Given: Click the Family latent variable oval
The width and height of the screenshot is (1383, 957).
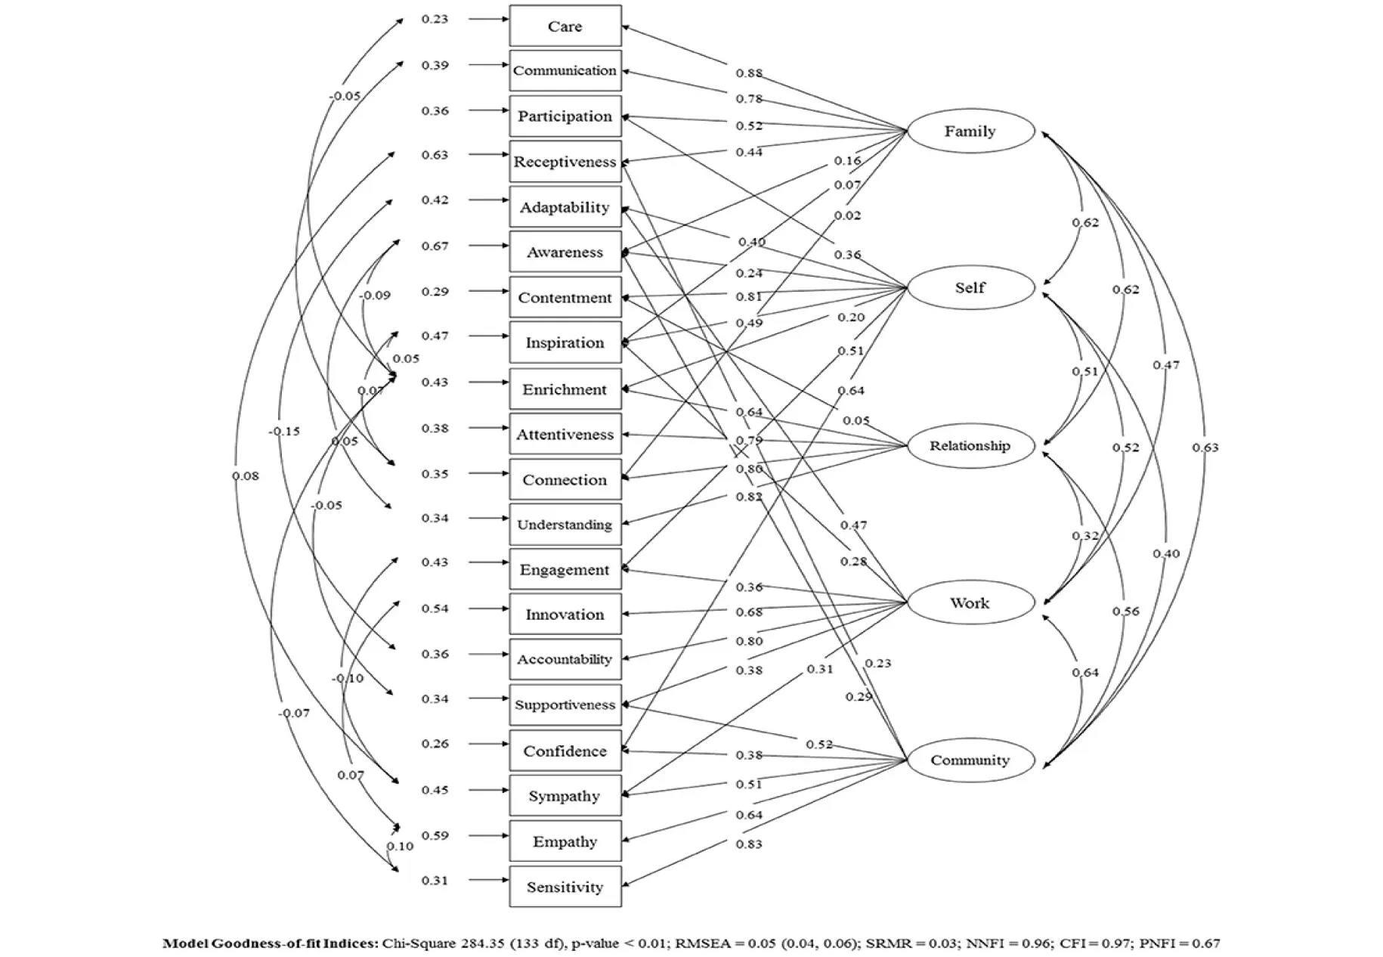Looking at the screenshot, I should click(x=970, y=132).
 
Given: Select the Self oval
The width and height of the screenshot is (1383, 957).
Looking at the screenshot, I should click(x=970, y=288).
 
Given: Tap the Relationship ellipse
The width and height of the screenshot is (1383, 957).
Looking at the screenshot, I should click(x=970, y=445).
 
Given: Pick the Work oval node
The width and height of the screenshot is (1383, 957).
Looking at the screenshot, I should click(x=970, y=603).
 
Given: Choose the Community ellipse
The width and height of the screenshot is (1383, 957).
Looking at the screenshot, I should click(x=970, y=760).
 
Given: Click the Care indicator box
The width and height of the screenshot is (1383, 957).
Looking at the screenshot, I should click(x=565, y=26).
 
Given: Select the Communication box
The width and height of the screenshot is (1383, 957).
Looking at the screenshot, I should click(x=565, y=70).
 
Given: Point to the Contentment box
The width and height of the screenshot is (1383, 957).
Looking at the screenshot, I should click(x=565, y=298).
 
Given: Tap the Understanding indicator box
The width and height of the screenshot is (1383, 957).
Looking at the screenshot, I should click(x=565, y=525).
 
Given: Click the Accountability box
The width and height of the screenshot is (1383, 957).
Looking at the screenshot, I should click(x=565, y=659).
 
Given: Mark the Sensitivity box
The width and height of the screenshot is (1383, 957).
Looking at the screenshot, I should click(x=565, y=887).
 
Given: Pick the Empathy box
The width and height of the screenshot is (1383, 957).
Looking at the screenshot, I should click(x=565, y=842).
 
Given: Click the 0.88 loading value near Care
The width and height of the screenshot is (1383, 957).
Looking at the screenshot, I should click(x=749, y=73).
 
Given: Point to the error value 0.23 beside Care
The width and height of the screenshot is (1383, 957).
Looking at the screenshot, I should click(x=435, y=19).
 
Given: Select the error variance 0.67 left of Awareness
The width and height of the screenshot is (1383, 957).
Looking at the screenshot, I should click(x=435, y=246).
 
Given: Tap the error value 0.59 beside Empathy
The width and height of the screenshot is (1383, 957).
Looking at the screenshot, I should click(x=435, y=835).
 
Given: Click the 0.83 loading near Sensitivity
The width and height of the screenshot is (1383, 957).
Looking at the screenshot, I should click(x=749, y=844).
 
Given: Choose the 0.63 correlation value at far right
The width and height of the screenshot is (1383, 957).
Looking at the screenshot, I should click(x=1205, y=448).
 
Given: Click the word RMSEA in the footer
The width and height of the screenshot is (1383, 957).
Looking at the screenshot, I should click(x=700, y=943).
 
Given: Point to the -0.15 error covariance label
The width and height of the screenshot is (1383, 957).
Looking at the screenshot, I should click(x=284, y=432).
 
